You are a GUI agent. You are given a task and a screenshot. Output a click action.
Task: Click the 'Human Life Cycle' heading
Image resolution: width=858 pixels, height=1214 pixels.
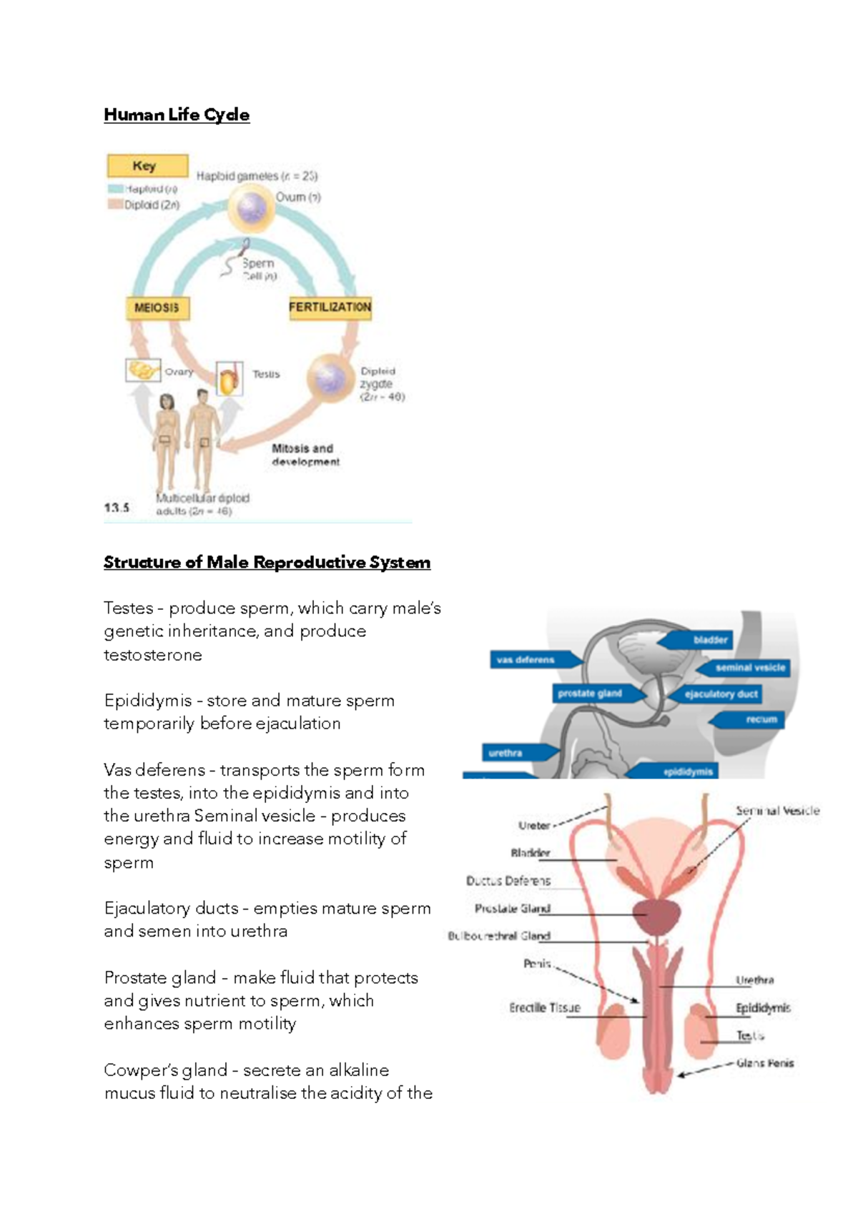[176, 115]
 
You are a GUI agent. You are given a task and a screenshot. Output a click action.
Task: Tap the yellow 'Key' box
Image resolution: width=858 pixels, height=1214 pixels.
[147, 166]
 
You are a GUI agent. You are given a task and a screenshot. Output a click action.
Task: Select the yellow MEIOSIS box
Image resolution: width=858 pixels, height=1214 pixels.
[157, 308]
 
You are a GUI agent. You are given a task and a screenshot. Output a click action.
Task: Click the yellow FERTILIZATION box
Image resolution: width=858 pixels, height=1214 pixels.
[330, 307]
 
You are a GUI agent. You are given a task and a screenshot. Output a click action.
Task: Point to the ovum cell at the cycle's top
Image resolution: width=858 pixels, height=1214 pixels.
[251, 209]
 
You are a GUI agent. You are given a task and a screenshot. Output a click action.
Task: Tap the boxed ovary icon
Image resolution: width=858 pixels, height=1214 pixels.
[143, 370]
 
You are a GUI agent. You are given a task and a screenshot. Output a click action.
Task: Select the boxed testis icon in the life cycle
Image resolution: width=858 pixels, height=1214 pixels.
[229, 378]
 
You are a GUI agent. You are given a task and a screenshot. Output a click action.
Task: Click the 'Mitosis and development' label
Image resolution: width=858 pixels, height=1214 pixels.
[305, 455]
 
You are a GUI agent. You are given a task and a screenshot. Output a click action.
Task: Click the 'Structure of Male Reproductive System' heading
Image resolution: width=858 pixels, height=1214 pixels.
[267, 563]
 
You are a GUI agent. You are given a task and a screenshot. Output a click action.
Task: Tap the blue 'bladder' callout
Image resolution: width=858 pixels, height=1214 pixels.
[708, 640]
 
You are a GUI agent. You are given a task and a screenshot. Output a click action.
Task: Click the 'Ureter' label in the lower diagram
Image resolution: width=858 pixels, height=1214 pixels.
[534, 825]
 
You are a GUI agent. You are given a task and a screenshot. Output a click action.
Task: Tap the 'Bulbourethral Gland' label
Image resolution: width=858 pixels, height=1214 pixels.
[499, 936]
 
